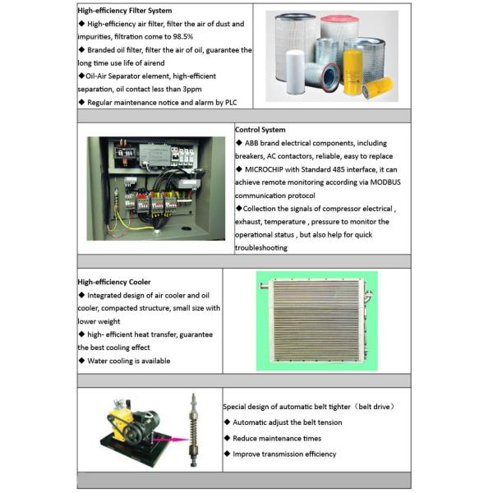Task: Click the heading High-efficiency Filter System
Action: (x=125, y=11)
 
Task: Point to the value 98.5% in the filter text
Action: (x=183, y=37)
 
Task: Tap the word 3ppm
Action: (x=192, y=90)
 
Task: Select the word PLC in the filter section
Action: (x=231, y=103)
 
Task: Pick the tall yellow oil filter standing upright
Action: (x=352, y=72)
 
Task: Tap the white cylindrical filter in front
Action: (x=295, y=72)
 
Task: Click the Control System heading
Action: (x=260, y=130)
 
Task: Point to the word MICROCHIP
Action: (x=264, y=170)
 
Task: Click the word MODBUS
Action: (x=385, y=182)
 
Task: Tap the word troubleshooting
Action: (x=261, y=248)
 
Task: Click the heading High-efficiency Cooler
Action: (x=114, y=282)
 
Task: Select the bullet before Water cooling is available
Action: (x=81, y=361)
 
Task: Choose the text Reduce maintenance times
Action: (x=277, y=439)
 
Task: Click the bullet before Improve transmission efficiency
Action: (x=228, y=454)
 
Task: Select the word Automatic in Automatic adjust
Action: (x=250, y=422)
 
